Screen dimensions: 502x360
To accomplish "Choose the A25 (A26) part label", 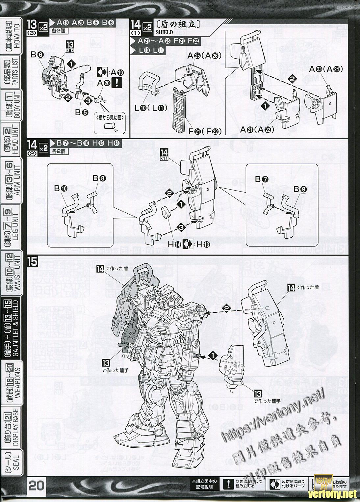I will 204,56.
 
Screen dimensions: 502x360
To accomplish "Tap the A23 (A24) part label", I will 326,69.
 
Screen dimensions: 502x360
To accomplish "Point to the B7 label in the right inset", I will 262,179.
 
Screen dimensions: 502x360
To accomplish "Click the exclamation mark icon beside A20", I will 116,83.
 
